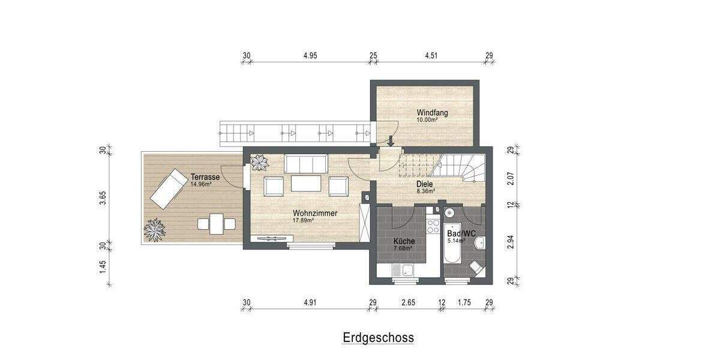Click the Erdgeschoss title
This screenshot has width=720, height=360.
click(378, 338)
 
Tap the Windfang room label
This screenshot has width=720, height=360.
click(432, 112)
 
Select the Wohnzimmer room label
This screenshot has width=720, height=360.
click(314, 213)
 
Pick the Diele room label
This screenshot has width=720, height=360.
click(425, 185)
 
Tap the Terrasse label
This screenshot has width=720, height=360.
click(205, 177)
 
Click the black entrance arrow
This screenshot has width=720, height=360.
click(391, 141)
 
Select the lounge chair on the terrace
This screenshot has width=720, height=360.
click(169, 188)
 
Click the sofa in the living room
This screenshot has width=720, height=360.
click(305, 163)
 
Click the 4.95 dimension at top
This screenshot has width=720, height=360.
click(310, 56)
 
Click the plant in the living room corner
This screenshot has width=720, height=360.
click(260, 162)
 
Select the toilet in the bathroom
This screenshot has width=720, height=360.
click(476, 267)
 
